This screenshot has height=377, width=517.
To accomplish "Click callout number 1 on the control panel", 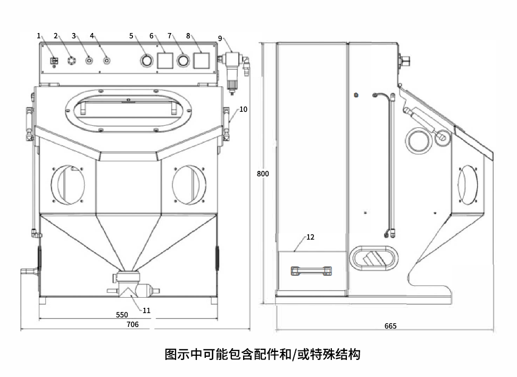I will click(x=39, y=36).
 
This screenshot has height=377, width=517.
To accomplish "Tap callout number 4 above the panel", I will click(x=91, y=36).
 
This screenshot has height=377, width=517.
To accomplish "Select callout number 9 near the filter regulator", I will click(x=220, y=38).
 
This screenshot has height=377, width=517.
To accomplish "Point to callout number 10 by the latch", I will click(x=243, y=109).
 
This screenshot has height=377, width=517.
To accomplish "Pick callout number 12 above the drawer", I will click(x=311, y=237).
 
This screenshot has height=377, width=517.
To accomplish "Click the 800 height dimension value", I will click(x=263, y=174).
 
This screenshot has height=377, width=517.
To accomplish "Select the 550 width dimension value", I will click(x=122, y=315).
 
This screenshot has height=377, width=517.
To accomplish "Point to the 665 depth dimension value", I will click(x=390, y=326).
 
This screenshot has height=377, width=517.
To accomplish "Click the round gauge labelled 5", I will click(x=146, y=61).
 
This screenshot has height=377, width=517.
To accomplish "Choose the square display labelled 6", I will click(x=165, y=60).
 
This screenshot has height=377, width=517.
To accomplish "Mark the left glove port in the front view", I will click(x=68, y=184).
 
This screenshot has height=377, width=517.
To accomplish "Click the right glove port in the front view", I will click(x=189, y=184).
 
